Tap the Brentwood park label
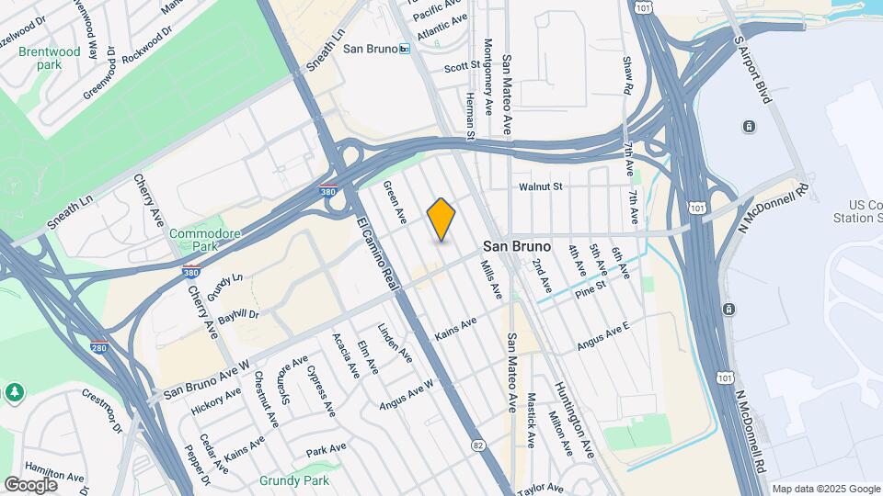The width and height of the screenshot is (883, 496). [x=50, y=58]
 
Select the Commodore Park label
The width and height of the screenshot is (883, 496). [x=204, y=241]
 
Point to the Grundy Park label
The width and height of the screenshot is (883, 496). [x=293, y=480]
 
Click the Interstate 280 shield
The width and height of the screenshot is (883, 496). [x=100, y=348]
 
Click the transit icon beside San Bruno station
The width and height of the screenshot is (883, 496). [x=404, y=49]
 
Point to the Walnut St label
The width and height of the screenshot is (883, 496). [x=540, y=187]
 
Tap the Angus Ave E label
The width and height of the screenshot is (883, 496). [x=603, y=335]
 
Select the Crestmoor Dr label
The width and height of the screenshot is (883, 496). [x=102, y=410]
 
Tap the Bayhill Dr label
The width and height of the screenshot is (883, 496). [x=239, y=316]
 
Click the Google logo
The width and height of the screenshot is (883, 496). [x=30, y=484]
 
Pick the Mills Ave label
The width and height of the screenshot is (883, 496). [x=491, y=278]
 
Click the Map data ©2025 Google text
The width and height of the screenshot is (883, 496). [x=825, y=489]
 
